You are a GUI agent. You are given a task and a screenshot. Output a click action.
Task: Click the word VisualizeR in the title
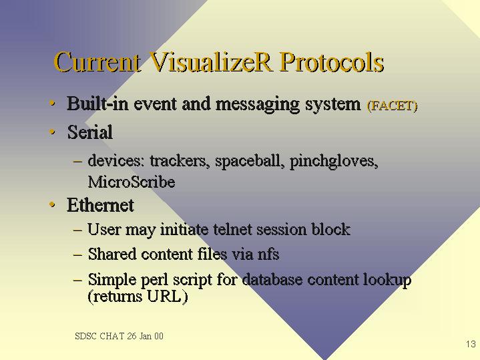coord(211,62)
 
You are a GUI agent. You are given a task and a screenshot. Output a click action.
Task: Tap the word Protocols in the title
coord(332,62)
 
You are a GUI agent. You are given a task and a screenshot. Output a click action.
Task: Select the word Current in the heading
coord(97,62)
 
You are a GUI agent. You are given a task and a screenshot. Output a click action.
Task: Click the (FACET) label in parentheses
coord(392,106)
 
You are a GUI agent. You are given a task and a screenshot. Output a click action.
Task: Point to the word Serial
coord(89,132)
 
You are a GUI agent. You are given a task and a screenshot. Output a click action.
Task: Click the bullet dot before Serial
coord(52,132)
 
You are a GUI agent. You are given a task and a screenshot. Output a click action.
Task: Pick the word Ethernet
coord(100,204)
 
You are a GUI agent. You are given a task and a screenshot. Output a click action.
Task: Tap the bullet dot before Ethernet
coord(52,204)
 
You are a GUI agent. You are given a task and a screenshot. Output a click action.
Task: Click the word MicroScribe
coord(132,182)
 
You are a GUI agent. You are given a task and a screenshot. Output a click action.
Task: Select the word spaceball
coord(248,160)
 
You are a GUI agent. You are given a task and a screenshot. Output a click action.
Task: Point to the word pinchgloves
coord(334,161)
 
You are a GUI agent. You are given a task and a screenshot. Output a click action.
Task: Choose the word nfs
coord(268,254)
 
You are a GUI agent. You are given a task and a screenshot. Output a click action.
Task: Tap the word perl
coord(155,280)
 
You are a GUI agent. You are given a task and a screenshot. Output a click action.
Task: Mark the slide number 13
coord(471,344)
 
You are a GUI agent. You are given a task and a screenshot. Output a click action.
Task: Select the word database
coord(272,279)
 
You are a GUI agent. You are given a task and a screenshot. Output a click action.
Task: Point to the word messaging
coord(257,104)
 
